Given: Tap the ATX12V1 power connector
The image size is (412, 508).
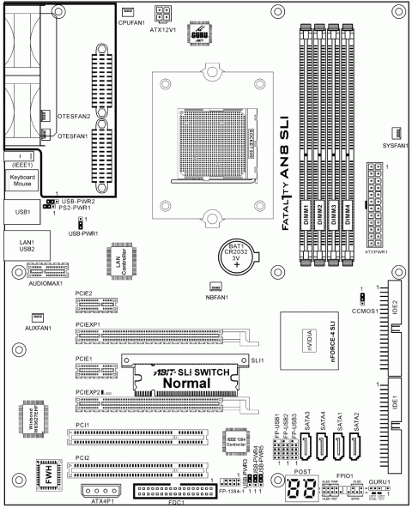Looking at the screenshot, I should coord(163,12).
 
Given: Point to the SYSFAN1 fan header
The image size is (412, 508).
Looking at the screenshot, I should coord(397,132).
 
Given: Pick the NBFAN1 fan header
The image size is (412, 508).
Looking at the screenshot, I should coord(215,287).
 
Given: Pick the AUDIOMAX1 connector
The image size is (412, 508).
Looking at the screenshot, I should coord(46,269).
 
